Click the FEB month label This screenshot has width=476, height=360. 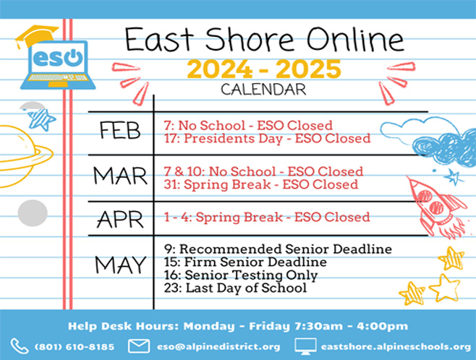point(120,130)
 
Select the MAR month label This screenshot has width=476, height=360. point(120,176)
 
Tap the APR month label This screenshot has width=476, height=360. point(120,219)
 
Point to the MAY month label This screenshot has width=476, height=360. point(121,265)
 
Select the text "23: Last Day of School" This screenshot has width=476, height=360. point(236,288)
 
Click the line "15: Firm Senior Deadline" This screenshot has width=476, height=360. point(245,262)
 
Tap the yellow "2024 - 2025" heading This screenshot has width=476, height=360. point(264,69)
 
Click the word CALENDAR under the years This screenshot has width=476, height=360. point(263,90)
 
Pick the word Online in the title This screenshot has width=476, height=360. point(355,40)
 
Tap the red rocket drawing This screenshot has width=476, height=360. point(436,207)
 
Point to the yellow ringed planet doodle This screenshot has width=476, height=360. point(25,156)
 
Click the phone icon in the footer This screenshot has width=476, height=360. point(20,346)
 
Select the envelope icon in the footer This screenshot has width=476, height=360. point(139,346)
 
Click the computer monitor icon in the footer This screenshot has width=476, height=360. point(305,346)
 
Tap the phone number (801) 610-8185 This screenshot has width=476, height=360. point(75,347)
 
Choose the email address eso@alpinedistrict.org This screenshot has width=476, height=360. point(218,347)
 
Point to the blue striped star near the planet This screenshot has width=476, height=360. point(41,119)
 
